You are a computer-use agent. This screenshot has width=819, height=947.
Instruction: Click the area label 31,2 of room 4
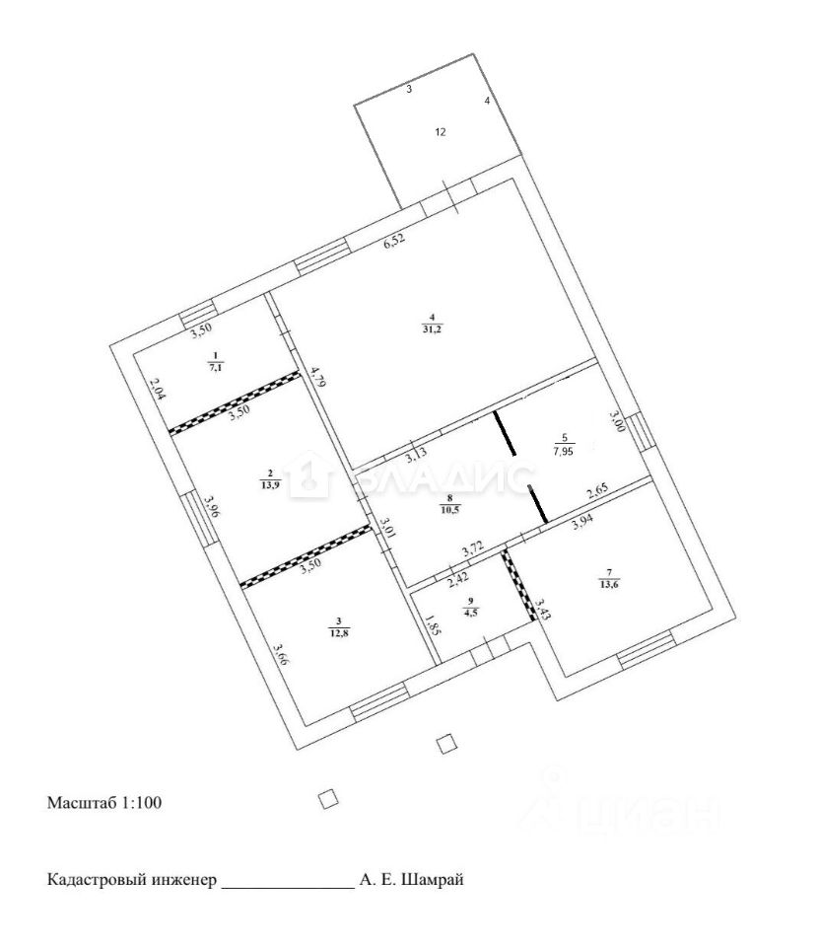tap(432, 329)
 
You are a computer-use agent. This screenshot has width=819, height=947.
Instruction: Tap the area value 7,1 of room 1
tap(215, 368)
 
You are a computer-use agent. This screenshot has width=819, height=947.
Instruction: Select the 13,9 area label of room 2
tap(269, 484)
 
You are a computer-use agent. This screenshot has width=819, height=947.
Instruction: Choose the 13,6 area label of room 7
tap(610, 582)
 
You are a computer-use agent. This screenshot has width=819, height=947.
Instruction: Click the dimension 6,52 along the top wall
tap(393, 243)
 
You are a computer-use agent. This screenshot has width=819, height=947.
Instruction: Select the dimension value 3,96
tap(209, 507)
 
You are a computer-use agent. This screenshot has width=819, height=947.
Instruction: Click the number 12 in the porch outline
tap(441, 131)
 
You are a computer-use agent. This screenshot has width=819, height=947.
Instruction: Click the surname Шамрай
tap(430, 879)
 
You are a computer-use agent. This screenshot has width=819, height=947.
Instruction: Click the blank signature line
tap(288, 887)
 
